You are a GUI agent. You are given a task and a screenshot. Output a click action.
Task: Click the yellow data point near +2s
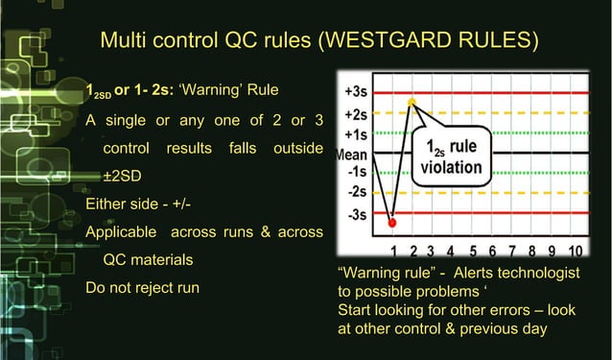coord(412,102)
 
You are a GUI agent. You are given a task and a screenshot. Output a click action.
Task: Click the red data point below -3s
coord(391,223)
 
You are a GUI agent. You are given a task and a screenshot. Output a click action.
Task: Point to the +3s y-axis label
coord(353,93)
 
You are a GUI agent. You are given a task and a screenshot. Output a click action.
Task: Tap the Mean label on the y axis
coord(349,153)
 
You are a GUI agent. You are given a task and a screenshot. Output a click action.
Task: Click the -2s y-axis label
coord(354,193)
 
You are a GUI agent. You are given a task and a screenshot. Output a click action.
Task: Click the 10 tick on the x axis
coord(574,251)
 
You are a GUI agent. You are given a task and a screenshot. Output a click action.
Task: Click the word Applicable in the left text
coord(123,231)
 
